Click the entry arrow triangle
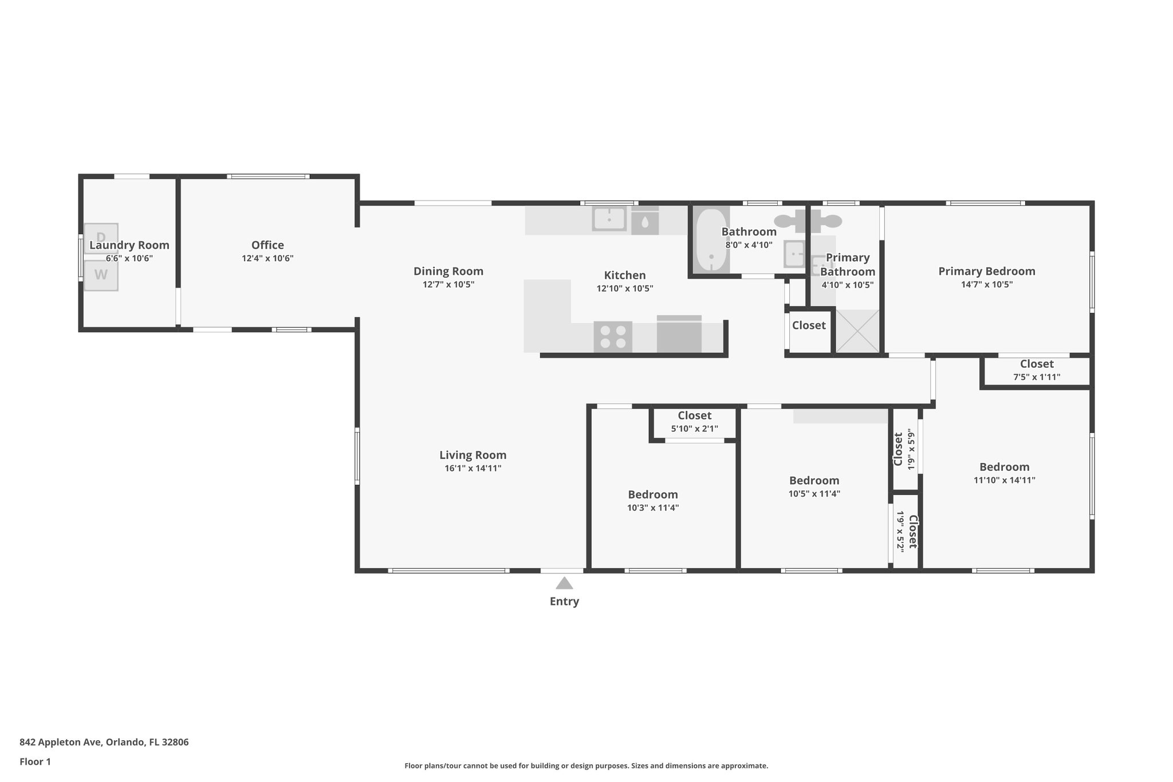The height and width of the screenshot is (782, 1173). (x=564, y=583)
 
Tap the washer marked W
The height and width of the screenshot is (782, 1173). (x=101, y=275)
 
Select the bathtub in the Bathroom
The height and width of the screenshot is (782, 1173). (x=711, y=239)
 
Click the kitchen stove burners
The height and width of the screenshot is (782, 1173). (x=613, y=337)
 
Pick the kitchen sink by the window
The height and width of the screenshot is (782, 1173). (x=609, y=219)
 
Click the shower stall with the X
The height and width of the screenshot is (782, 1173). (x=857, y=331)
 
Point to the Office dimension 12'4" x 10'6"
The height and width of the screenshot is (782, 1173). (x=267, y=258)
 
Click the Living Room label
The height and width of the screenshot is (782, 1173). (x=473, y=455)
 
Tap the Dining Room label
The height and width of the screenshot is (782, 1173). (x=448, y=271)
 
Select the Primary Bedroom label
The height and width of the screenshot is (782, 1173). (x=986, y=271)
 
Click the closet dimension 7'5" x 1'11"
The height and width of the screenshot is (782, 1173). (x=1036, y=377)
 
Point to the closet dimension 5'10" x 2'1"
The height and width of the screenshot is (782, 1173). (x=694, y=429)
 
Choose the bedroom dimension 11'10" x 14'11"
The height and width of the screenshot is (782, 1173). (x=1004, y=480)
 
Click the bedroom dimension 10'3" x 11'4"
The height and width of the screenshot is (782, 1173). (x=653, y=508)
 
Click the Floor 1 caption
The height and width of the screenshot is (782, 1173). (x=35, y=762)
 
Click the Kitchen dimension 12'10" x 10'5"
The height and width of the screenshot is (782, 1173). (x=624, y=289)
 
